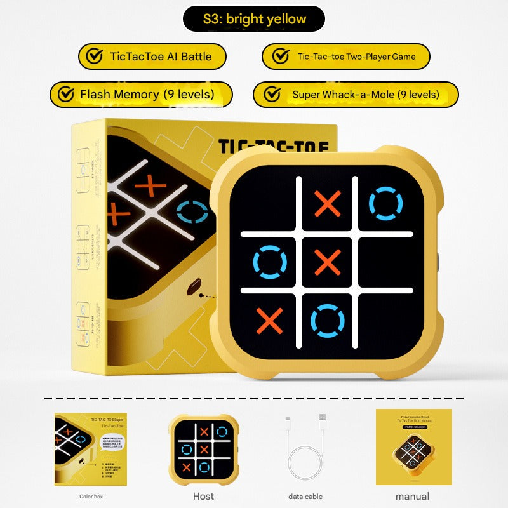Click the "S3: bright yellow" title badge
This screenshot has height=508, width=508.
point(254,19)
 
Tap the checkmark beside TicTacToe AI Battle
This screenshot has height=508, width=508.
point(95,56)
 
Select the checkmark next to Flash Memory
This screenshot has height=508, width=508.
point(65,95)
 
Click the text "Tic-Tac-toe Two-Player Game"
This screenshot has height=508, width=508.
point(356,57)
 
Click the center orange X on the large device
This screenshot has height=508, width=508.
point(328,262)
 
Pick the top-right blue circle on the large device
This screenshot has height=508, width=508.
point(385,204)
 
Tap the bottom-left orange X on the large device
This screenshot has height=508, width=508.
point(270,320)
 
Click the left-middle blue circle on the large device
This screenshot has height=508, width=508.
point(270,262)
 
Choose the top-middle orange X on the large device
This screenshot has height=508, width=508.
point(328,204)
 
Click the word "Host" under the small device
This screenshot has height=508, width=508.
point(203,496)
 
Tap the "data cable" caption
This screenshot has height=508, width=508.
point(305,497)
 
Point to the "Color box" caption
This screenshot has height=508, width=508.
point(91,497)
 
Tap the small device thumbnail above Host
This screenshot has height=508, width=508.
point(203,450)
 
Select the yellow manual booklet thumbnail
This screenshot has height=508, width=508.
point(413,446)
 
